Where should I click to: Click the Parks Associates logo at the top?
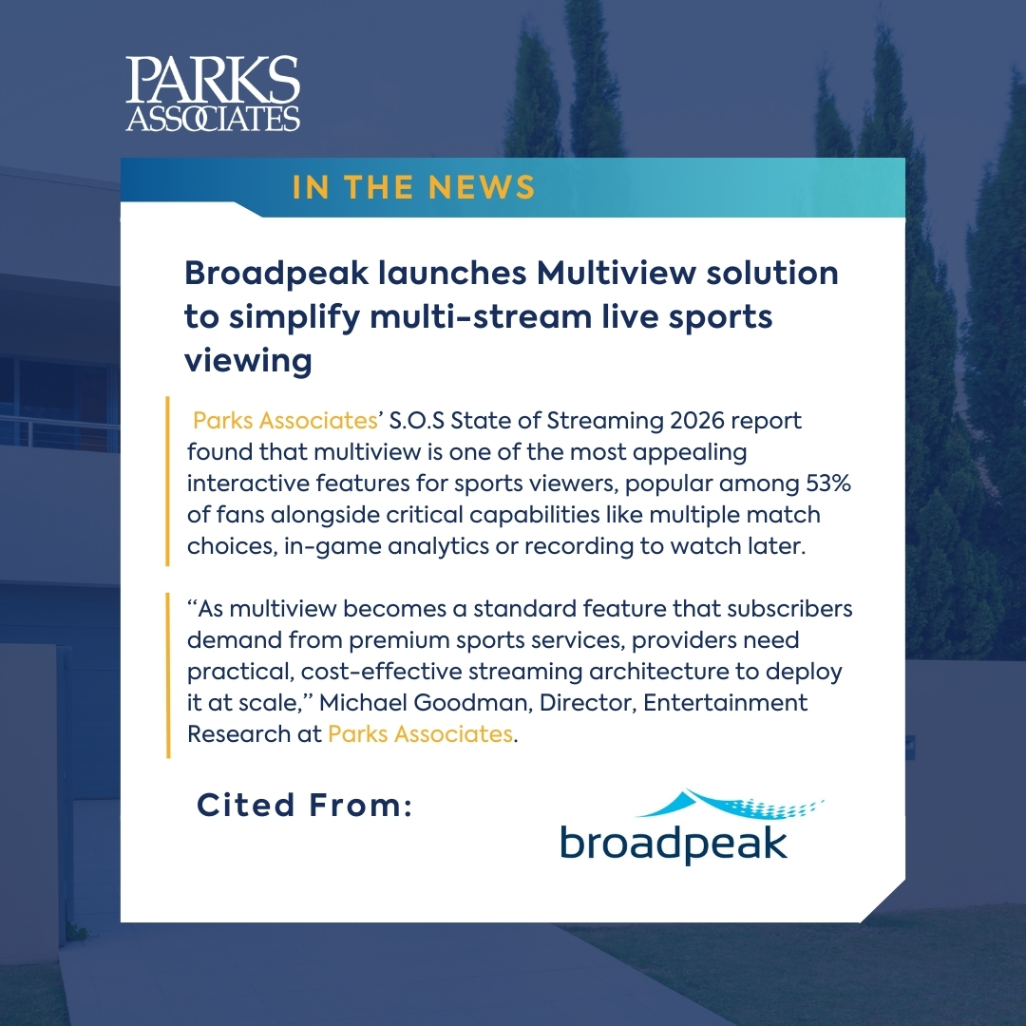(213, 93)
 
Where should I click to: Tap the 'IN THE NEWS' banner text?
(413, 187)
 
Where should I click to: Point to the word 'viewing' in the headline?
(248, 361)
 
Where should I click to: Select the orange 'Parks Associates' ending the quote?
(419, 734)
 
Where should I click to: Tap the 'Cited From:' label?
(304, 806)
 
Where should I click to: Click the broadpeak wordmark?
(673, 842)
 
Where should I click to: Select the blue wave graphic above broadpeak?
(728, 806)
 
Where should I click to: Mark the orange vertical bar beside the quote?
(168, 675)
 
